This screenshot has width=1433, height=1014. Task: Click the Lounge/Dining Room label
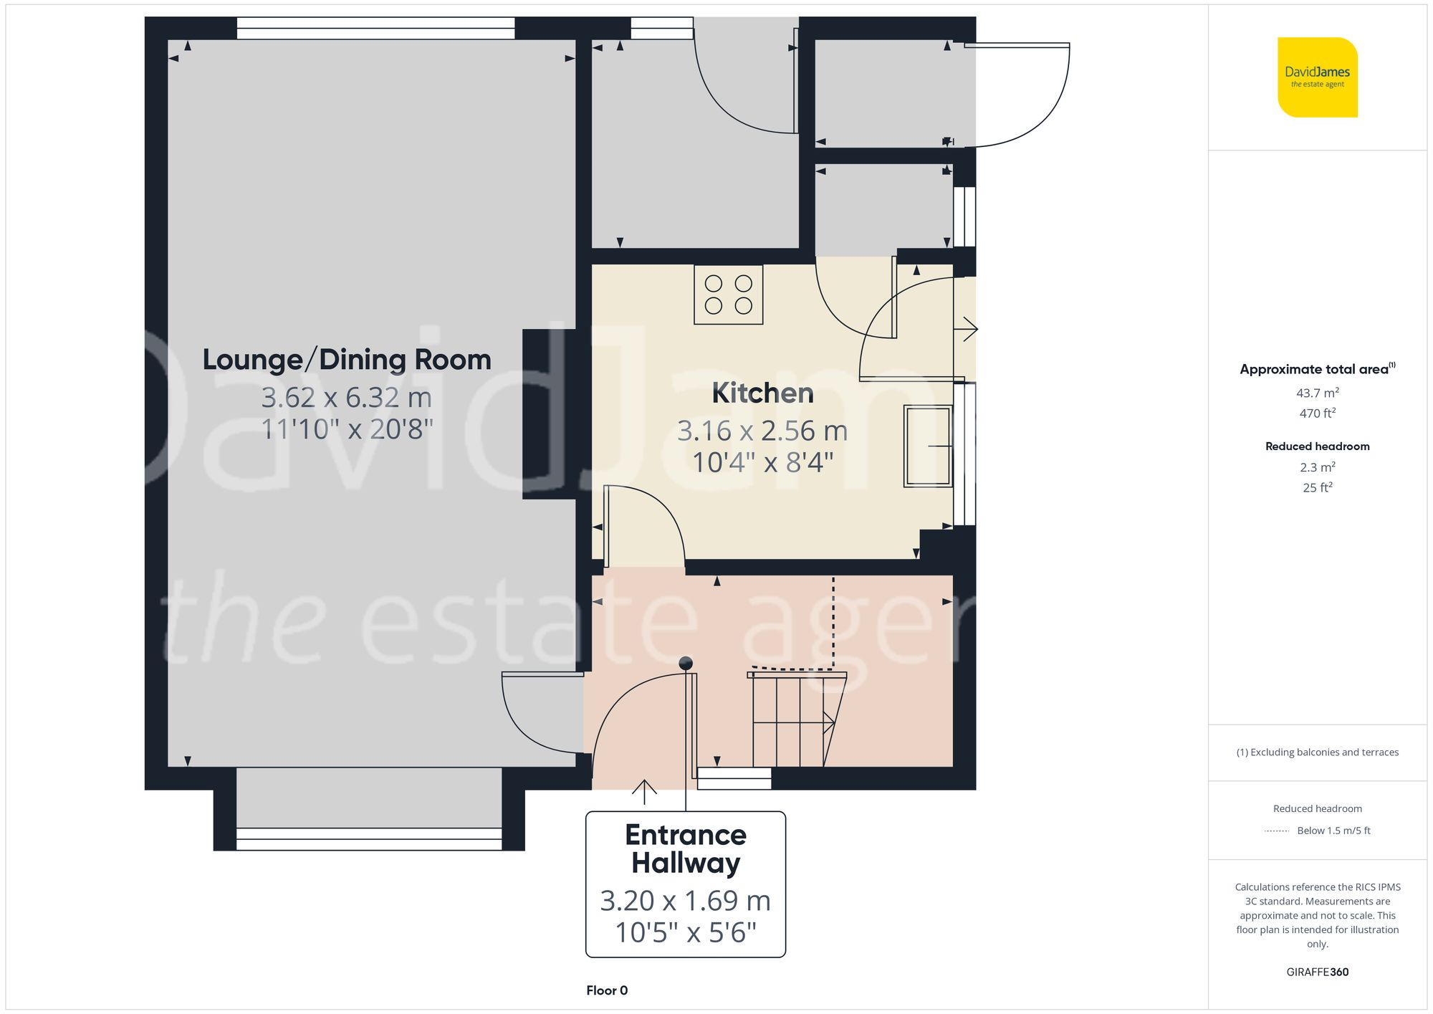pos(347,360)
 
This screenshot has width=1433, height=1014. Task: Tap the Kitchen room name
pos(762,393)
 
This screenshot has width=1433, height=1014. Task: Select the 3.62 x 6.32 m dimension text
pos(347,397)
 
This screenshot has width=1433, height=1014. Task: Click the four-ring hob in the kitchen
pos(728,295)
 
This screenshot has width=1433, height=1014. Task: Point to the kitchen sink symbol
pos(928,446)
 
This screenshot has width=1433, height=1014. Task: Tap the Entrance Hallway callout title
pos(686,849)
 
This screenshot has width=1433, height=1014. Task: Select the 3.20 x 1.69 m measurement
pos(686,901)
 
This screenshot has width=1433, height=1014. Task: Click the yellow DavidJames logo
pos(1317,77)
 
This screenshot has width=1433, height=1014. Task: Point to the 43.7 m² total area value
pos(1317,393)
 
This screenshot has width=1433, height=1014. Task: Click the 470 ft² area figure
pos(1317,413)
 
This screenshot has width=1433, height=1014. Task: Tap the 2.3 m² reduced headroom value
pos(1317,467)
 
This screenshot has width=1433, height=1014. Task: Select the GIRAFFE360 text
pos(1317,972)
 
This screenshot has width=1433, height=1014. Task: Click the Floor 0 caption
pos(607,990)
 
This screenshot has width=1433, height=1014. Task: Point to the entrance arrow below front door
pos(645,791)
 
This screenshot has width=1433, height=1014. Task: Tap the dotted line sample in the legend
pos(1277,831)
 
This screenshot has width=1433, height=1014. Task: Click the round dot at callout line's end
pos(686,663)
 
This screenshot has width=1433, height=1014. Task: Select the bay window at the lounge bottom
pos(369,838)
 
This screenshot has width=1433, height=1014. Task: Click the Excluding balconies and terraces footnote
pos(1317,752)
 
